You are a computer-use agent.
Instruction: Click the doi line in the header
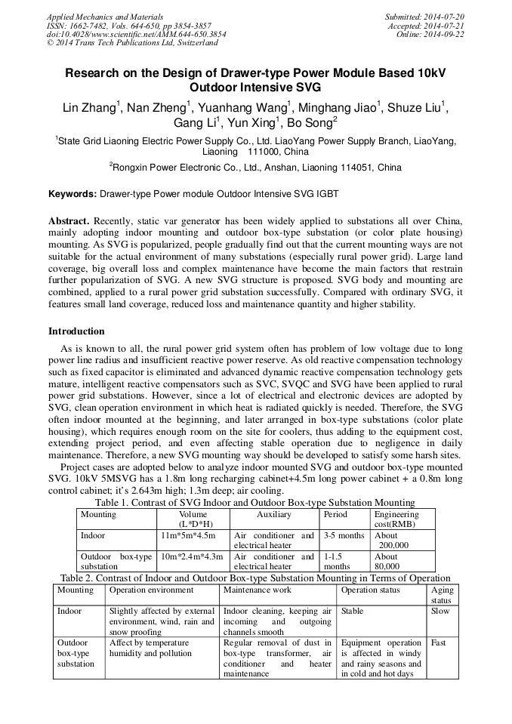point(136,34)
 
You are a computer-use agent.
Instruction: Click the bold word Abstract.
point(69,220)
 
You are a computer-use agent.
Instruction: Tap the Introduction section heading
point(76,331)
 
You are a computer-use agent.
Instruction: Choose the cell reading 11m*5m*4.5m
point(187,535)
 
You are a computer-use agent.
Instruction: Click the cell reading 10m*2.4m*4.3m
point(191,556)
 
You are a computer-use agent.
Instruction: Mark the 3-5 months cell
point(344,535)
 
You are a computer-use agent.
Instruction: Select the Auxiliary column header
point(273,514)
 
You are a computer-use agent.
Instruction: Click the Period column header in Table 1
point(335,514)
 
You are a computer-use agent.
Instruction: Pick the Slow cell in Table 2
point(440,611)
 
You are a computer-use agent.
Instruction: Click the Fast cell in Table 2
point(439,642)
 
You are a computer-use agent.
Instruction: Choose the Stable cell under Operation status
point(353,611)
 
